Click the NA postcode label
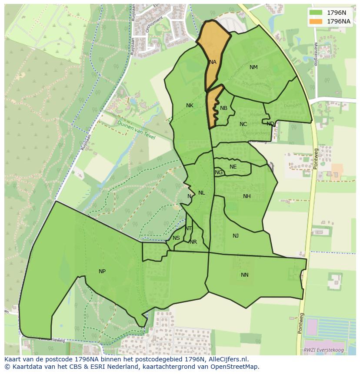(213, 62)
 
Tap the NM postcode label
(253, 67)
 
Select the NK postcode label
(190, 106)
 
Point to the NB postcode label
(223, 108)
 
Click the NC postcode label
(243, 124)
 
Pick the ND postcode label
(270, 124)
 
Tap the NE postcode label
(233, 167)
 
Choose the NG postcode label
(219, 172)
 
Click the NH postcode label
(247, 196)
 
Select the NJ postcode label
(236, 236)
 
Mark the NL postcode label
(201, 193)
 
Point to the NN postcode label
(245, 275)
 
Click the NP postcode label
(102, 271)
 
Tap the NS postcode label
(176, 238)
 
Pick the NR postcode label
(193, 242)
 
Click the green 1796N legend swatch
(316, 13)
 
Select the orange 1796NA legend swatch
(316, 21)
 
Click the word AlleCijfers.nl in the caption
(228, 359)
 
